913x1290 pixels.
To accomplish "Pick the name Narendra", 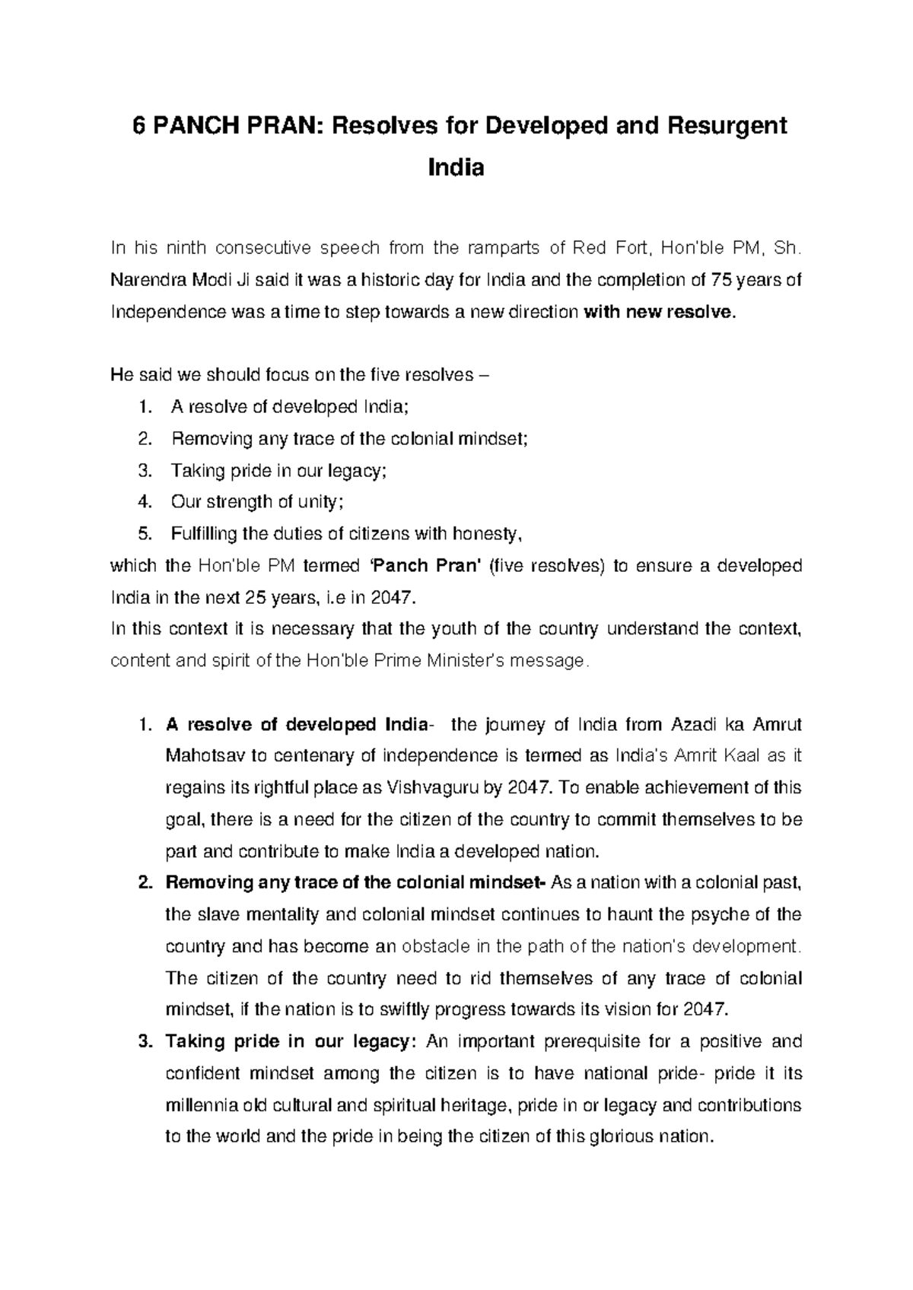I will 141,280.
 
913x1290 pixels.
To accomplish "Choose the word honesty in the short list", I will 487,534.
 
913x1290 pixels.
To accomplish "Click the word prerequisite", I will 589,1041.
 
